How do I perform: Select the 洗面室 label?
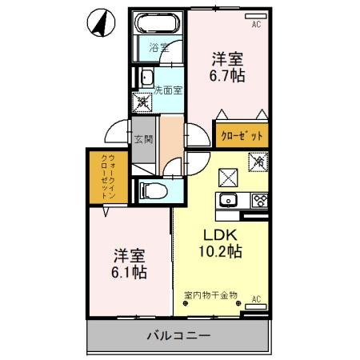click(168, 90)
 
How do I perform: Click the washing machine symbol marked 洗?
click(142, 102)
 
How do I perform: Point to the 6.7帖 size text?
click(227, 76)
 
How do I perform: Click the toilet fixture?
click(153, 190)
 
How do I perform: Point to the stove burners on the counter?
click(258, 200)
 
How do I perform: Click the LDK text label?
click(219, 236)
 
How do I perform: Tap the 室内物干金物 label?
click(210, 295)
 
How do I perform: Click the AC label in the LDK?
click(257, 299)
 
